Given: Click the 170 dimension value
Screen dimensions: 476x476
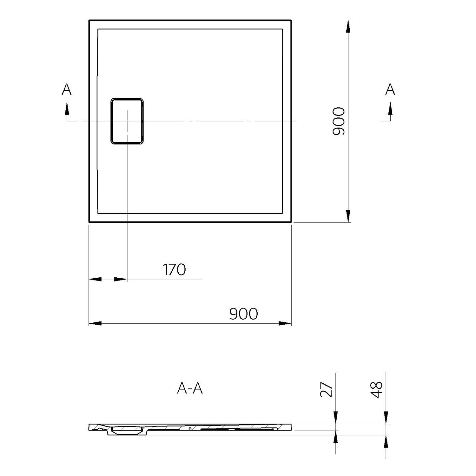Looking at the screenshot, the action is [174, 269].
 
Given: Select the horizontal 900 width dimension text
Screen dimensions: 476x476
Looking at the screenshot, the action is [243, 314].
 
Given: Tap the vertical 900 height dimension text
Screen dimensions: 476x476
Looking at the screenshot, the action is [338, 121].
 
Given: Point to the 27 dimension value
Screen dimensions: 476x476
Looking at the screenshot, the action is [326, 390].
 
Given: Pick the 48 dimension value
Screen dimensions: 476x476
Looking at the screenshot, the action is [377, 390].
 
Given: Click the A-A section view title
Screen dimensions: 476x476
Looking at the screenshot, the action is [190, 388].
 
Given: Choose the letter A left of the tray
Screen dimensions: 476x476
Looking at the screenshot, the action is [67, 89].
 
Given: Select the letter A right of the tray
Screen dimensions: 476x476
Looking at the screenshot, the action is [390, 89].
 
